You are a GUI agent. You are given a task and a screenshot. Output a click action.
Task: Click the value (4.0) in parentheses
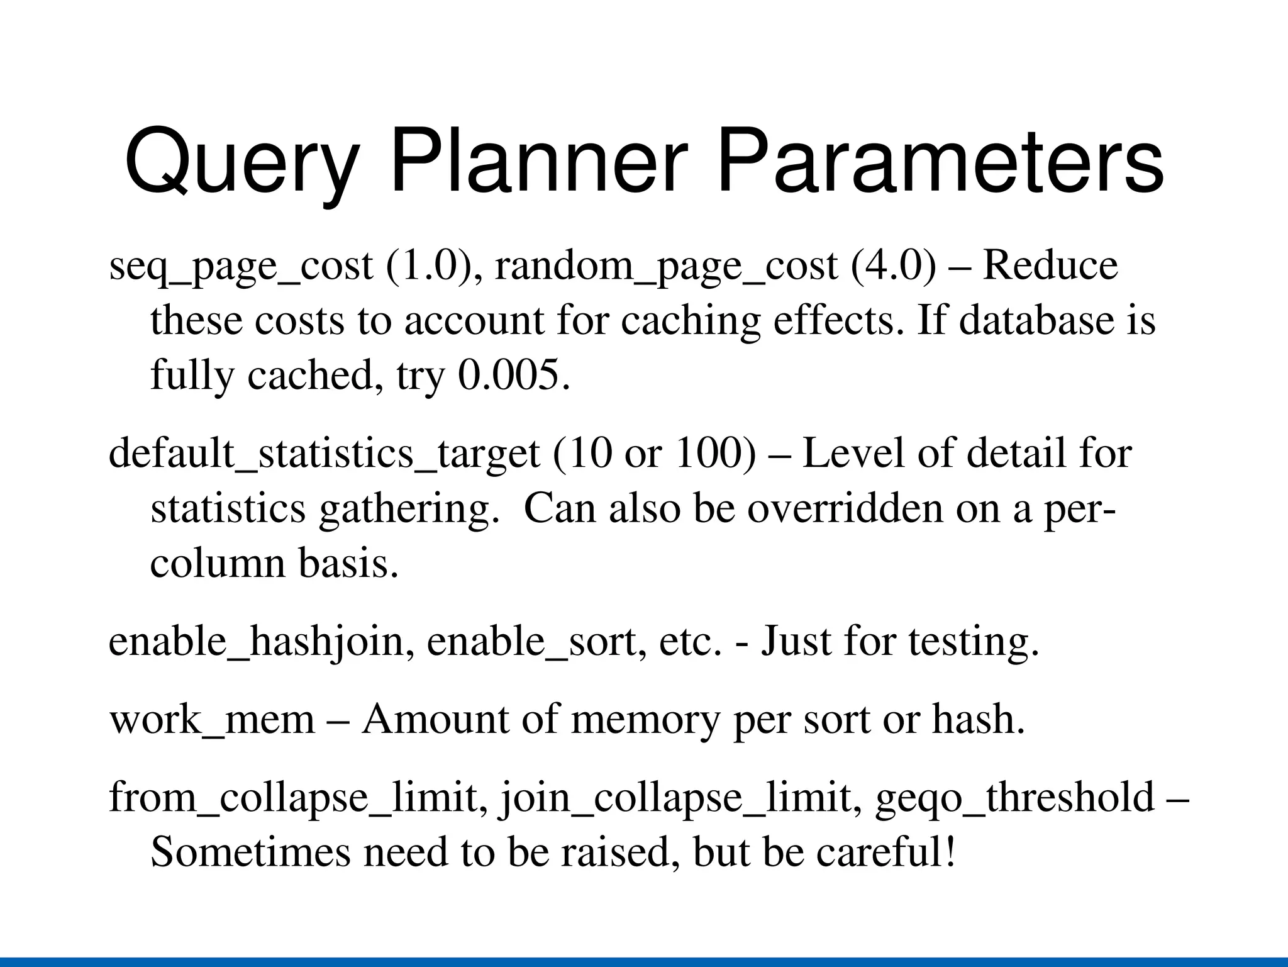click(893, 266)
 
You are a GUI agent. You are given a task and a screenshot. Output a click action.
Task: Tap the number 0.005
click(513, 375)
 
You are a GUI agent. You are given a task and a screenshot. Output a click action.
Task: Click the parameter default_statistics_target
click(324, 453)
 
